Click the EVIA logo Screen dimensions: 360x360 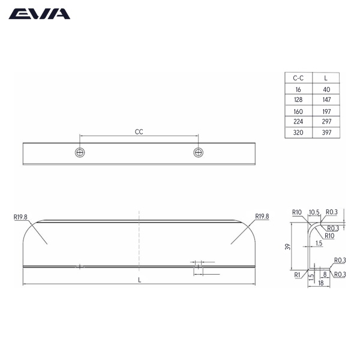click(39, 14)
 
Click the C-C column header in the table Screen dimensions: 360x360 click(298, 78)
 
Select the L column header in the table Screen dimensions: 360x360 click(326, 78)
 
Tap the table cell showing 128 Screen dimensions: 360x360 click(298, 100)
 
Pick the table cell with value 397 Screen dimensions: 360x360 click(326, 133)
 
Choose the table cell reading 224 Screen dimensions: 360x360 click(298, 122)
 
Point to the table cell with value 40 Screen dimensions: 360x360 click(326, 89)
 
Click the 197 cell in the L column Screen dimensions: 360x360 click(326, 111)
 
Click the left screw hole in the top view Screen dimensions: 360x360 click(80, 152)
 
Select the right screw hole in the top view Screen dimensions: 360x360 click(199, 152)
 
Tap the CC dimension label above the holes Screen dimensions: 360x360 click(139, 131)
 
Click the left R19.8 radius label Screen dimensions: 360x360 click(21, 217)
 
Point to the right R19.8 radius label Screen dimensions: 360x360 click(262, 217)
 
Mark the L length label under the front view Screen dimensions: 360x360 click(139, 280)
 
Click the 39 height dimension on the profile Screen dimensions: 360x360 click(289, 247)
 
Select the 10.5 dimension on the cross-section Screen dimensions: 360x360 click(314, 212)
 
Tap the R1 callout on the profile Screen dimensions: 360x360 click(297, 275)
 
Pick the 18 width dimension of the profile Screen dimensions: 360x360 click(320, 283)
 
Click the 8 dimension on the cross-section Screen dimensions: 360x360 click(324, 274)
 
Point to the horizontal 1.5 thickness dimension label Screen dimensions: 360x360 click(319, 243)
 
